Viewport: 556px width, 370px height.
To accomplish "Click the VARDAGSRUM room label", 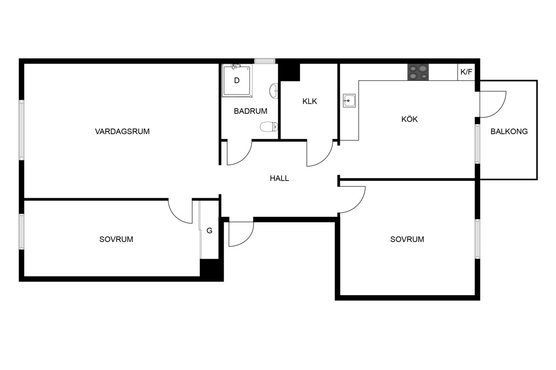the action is click(122, 131).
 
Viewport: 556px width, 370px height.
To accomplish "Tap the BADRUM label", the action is click(251, 111).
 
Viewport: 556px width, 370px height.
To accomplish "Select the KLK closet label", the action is click(310, 102).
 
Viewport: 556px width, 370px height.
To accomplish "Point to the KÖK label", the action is click(409, 119).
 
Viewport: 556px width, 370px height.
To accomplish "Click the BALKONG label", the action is click(509, 131).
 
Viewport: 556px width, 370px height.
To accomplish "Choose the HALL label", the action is click(279, 178).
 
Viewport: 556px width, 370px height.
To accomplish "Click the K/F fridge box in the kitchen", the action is click(466, 72).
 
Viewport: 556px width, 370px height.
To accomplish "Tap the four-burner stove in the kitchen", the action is click(418, 72).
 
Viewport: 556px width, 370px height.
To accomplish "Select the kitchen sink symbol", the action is click(349, 101).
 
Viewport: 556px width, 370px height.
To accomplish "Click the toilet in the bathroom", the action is click(269, 127).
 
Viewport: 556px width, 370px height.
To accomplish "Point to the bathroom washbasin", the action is click(274, 91).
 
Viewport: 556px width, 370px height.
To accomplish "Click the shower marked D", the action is click(237, 81).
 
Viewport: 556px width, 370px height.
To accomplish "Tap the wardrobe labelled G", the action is click(209, 230).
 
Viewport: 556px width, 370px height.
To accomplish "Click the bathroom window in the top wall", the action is click(265, 61).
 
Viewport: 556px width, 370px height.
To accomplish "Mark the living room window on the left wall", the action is click(22, 130).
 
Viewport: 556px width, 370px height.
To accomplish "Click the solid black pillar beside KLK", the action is click(289, 72).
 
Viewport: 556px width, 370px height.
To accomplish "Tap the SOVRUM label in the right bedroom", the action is click(407, 239).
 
